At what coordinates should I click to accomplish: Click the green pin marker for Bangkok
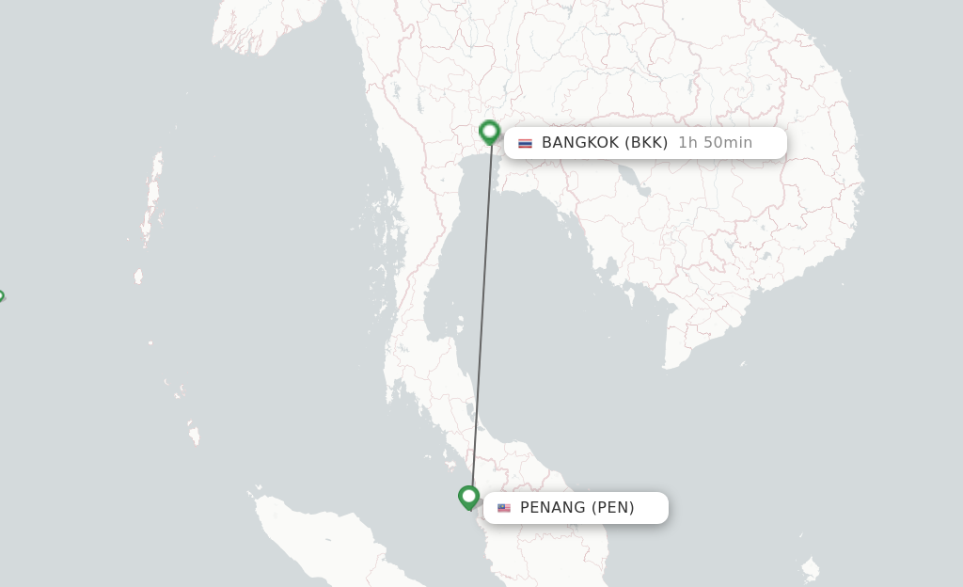pos(489,132)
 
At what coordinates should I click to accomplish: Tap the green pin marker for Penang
pos(468,496)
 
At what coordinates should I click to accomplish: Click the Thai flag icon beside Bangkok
pos(525,143)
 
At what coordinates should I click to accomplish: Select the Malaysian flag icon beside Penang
pos(504,508)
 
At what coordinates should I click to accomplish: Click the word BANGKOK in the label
pos(580,143)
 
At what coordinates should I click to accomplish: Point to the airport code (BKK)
pos(646,143)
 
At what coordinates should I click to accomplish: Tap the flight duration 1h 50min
pos(715,143)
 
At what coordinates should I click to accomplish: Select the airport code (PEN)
pos(612,508)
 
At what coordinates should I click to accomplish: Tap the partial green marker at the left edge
pos(1,296)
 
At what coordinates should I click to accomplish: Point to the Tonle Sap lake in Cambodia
pos(643,183)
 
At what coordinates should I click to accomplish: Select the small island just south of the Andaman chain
pos(138,276)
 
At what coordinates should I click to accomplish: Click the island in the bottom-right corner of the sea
pos(810,568)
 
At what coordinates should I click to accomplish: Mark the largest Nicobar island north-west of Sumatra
pos(194,436)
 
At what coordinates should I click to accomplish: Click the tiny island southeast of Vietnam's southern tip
pos(742,363)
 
